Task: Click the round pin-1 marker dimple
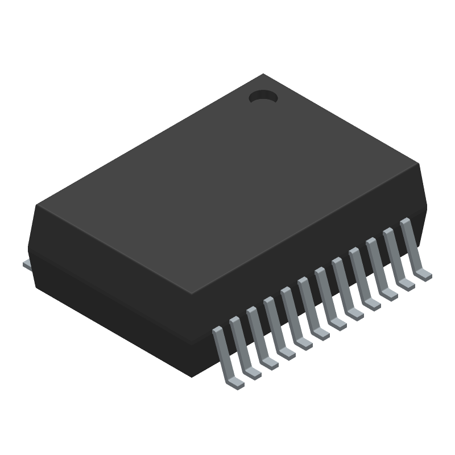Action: pos(263,98)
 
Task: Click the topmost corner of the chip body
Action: pos(263,75)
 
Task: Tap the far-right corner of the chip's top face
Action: pos(419,164)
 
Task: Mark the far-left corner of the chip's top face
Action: pos(38,205)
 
